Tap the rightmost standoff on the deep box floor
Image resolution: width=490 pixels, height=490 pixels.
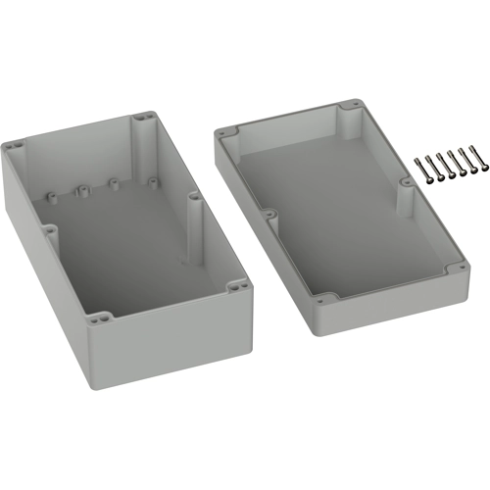(x=153, y=178)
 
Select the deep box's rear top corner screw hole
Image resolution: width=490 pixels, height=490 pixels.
(x=145, y=117)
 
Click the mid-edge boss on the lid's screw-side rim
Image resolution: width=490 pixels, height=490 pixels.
(x=406, y=182)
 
